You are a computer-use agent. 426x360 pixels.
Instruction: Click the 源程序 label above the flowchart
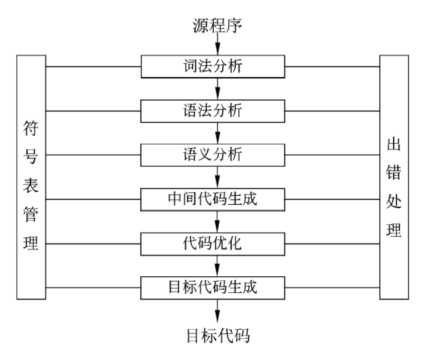217,23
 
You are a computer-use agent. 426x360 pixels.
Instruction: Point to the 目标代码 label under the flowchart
218,335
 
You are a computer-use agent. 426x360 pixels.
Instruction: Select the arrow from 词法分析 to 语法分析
218,89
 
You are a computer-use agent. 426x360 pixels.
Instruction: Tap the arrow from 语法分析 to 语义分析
218,132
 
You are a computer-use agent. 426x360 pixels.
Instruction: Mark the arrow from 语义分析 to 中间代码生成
218,177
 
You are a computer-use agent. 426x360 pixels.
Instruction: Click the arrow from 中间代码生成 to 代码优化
218,221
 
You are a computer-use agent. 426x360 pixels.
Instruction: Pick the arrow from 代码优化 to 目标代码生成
218,265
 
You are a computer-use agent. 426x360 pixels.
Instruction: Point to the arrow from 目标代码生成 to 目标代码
218,310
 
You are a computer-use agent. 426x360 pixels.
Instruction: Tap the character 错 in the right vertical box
393,171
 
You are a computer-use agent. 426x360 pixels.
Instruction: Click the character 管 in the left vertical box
31,215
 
